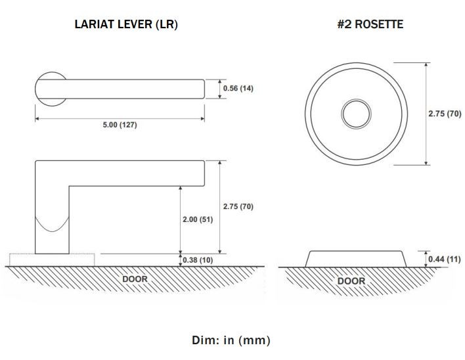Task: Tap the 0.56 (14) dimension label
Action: pos(238,89)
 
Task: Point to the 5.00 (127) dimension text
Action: pos(120,125)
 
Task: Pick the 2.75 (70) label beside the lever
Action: pos(238,206)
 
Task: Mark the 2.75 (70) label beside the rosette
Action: pos(444,113)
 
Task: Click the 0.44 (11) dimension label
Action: pos(445,259)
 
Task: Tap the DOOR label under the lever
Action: pos(135,279)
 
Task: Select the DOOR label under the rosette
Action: pos(351,281)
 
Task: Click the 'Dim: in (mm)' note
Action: pos(231,340)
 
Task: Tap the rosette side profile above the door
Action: pos(355,258)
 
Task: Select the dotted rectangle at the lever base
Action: pos(20,259)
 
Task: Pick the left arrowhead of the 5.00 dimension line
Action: pos(37,119)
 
